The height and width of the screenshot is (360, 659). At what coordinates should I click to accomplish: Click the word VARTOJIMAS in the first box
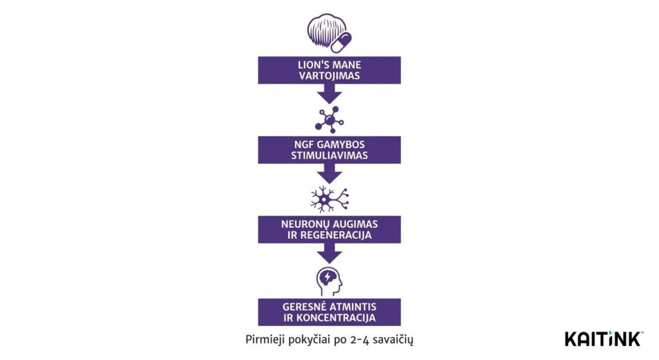329,75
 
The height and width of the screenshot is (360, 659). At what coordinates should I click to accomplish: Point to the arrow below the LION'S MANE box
329,94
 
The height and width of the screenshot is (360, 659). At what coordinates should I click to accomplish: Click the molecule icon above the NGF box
329,120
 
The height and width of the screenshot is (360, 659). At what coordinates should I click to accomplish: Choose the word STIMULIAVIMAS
329,156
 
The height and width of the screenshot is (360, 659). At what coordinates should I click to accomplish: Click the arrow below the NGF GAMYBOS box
329,173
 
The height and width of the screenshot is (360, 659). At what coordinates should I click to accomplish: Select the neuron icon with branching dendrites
329,200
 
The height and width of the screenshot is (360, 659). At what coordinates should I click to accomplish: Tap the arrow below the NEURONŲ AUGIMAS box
329,253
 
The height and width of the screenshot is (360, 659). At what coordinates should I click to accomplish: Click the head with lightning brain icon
329,281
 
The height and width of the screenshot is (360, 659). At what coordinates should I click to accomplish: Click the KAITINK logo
602,339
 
